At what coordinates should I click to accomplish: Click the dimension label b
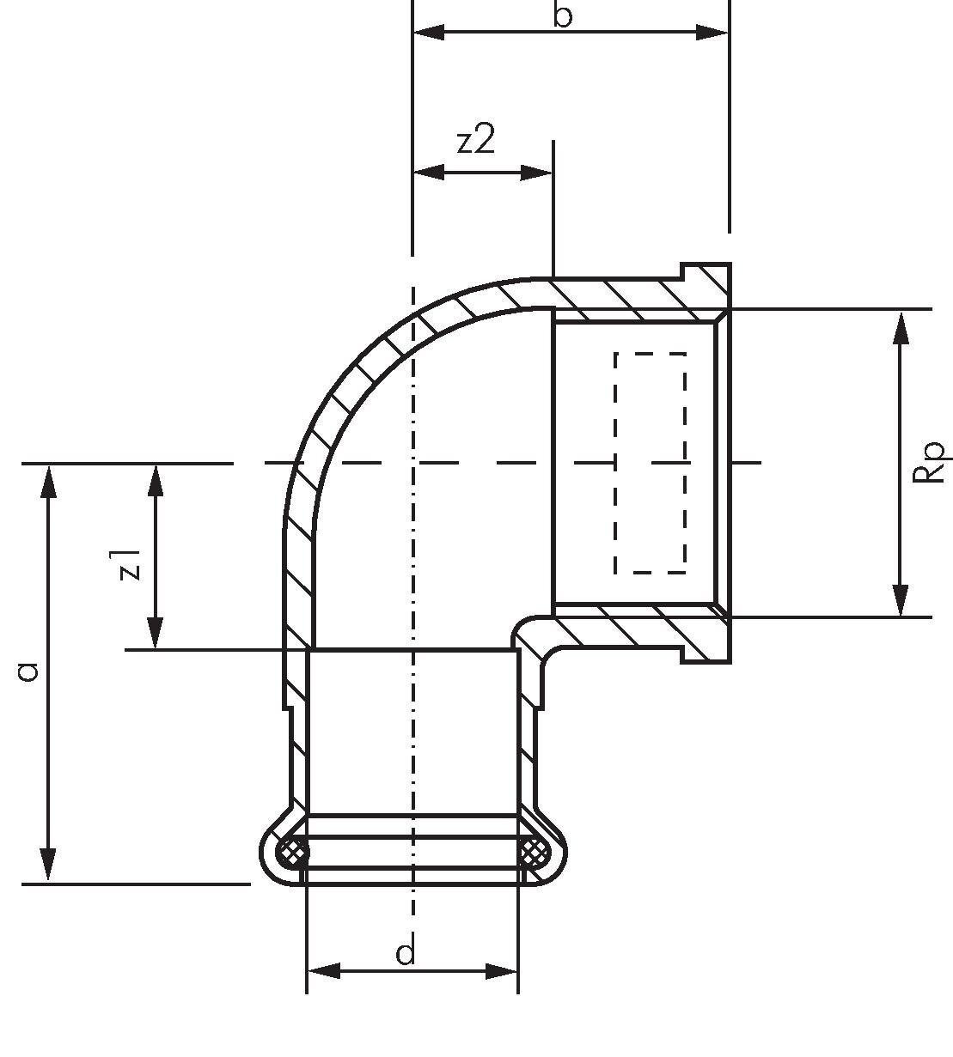tap(563, 15)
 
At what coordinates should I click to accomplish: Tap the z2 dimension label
tap(476, 141)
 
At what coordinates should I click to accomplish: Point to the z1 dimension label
tap(130, 564)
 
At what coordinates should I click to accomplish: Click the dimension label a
tap(28, 671)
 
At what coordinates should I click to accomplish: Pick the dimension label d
tap(405, 952)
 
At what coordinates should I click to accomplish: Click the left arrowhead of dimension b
tap(428, 32)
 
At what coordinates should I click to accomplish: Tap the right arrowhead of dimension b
tap(712, 32)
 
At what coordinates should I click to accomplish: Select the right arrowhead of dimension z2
tap(536, 173)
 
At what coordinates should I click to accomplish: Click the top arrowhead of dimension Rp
tap(901, 329)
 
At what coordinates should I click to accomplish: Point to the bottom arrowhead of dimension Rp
tap(901, 599)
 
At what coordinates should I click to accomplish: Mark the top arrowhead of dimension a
tap(48, 481)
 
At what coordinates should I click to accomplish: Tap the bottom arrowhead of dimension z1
tap(155, 632)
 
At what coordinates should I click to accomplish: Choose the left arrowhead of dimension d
tap(324, 971)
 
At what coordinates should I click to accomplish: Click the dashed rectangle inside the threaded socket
tap(651, 463)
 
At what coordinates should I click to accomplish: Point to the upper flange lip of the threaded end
tap(706, 285)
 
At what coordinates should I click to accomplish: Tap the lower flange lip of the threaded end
tap(706, 640)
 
